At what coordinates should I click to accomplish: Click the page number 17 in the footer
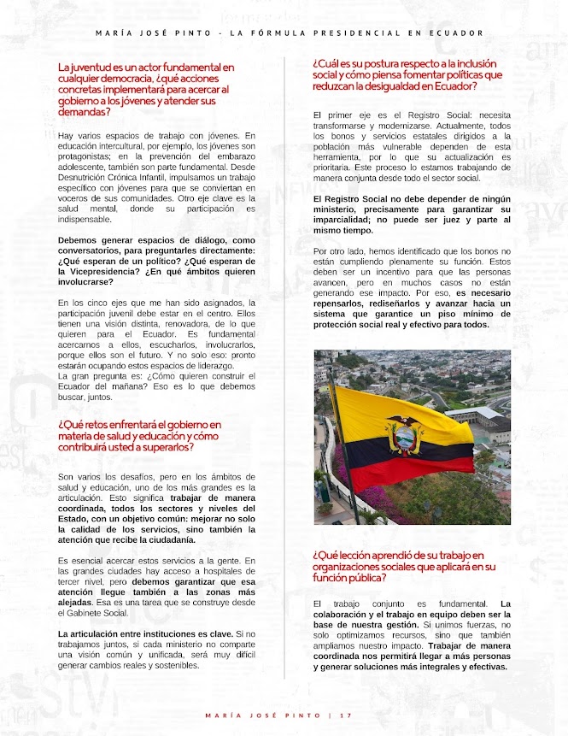pos(346,715)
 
